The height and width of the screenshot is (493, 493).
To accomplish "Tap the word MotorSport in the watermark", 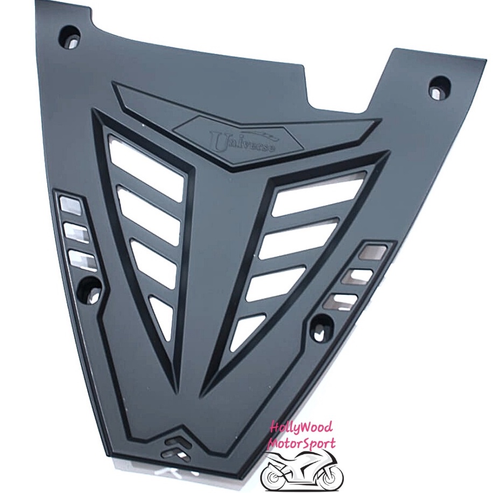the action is click(x=300, y=444).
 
